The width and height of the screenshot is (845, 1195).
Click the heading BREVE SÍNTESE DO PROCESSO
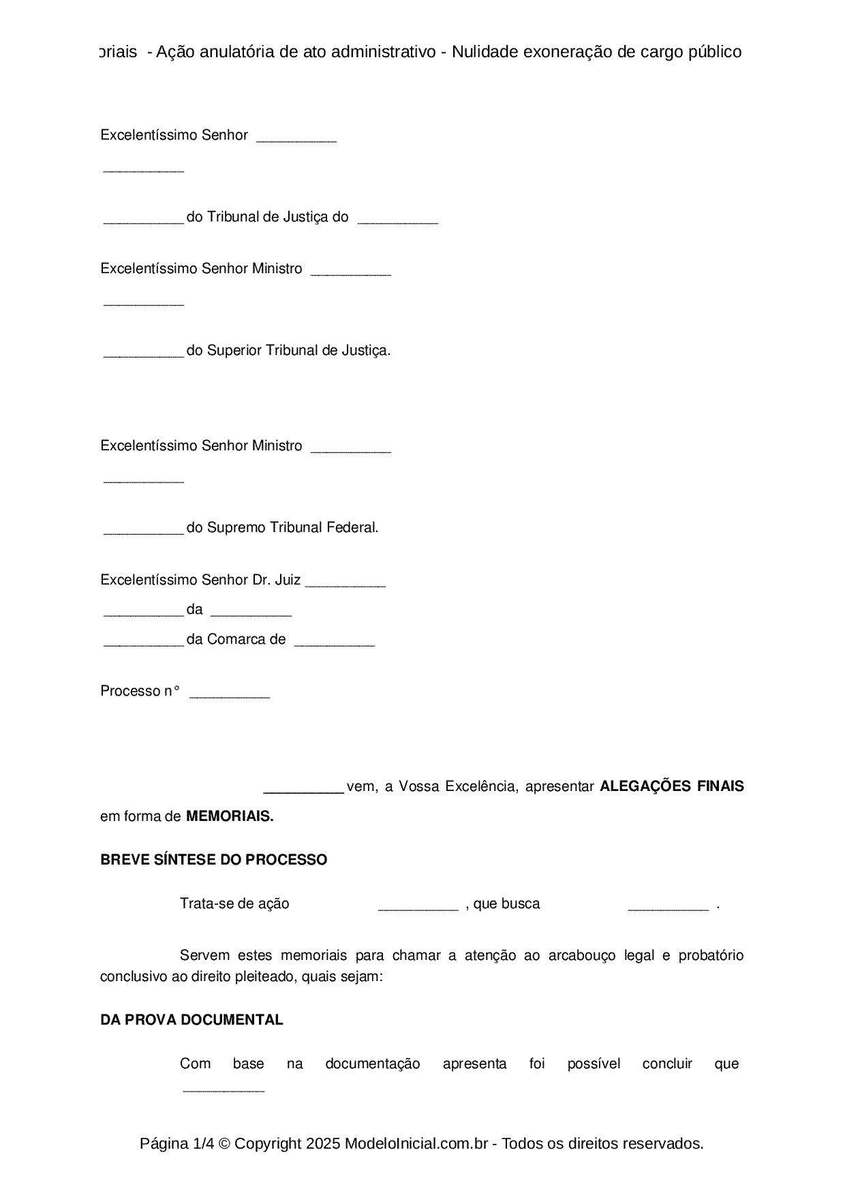click(x=213, y=860)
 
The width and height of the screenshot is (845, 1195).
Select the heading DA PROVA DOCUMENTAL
click(x=191, y=1020)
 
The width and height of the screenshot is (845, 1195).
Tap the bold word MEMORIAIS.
click(x=230, y=816)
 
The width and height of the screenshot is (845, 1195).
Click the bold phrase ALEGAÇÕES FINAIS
click(x=671, y=786)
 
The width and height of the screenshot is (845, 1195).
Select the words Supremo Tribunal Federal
click(x=292, y=527)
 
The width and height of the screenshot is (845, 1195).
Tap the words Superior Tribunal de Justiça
click(x=298, y=350)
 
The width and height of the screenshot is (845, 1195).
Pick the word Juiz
click(x=288, y=580)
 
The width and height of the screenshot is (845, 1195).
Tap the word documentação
click(x=372, y=1064)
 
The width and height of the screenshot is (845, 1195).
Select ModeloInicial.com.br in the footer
click(x=416, y=1144)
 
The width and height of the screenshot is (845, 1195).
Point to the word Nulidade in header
click(x=485, y=52)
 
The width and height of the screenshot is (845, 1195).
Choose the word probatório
click(x=711, y=955)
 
